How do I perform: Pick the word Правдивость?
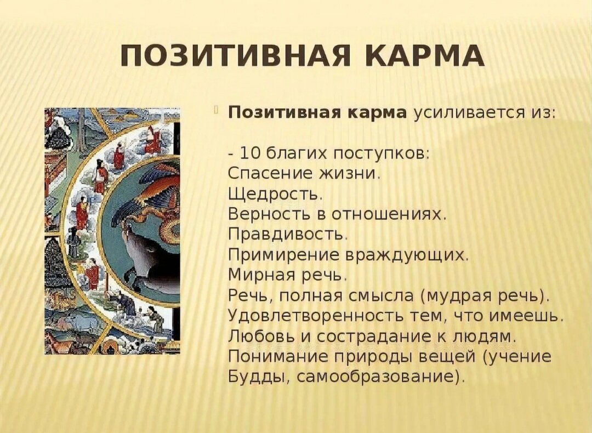point(286,235)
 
